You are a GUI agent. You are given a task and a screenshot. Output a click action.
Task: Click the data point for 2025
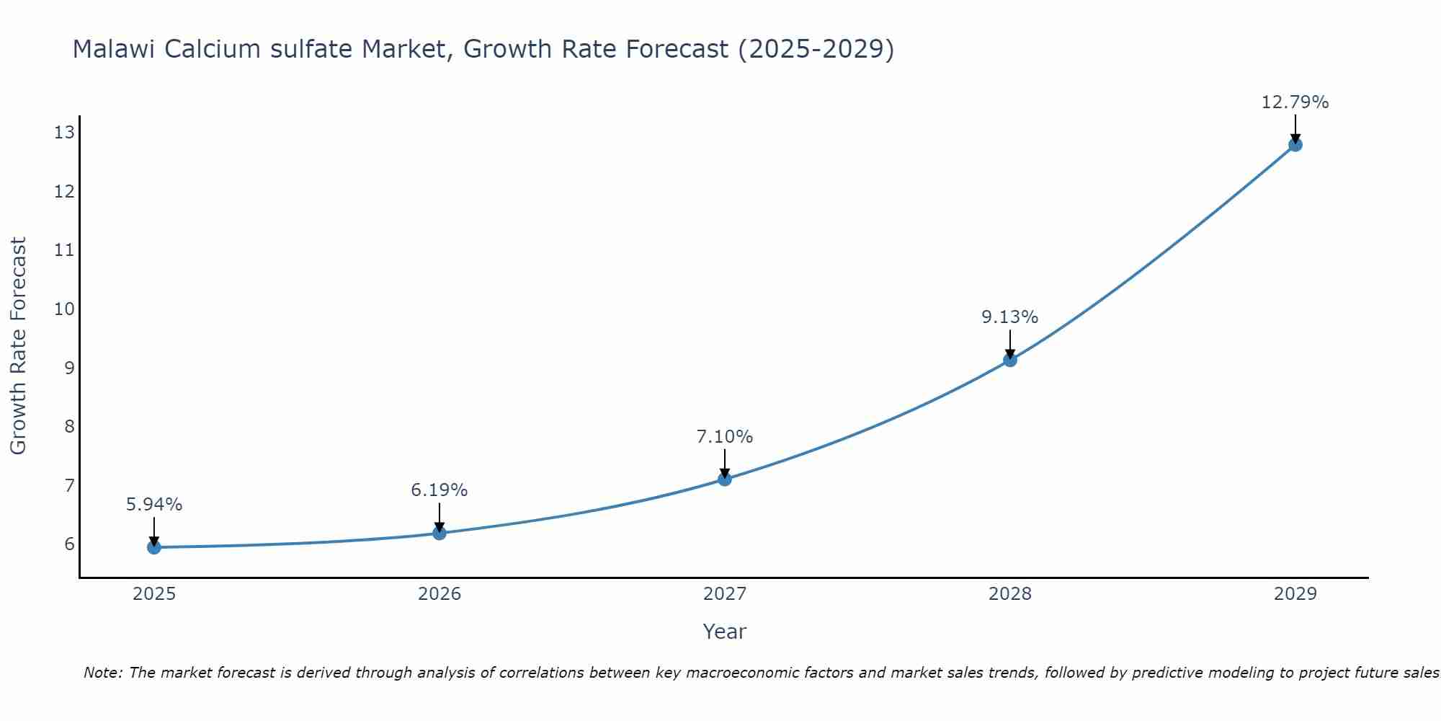[x=154, y=547]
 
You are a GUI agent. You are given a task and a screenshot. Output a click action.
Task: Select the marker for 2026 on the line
[x=440, y=533]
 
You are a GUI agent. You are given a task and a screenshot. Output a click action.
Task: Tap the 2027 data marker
[x=725, y=479]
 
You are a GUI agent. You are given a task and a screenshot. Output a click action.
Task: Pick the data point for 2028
[x=1010, y=359]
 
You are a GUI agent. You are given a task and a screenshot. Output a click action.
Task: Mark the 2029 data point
[x=1295, y=144]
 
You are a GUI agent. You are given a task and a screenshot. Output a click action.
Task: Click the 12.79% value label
[x=1295, y=102]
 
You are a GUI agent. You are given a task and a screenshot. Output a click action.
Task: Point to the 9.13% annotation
[x=1010, y=317]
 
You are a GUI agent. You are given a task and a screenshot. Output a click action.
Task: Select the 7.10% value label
[x=725, y=437]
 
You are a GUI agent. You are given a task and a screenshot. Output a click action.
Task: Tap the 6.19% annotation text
[x=440, y=490]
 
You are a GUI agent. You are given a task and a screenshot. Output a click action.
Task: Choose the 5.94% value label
[x=154, y=505]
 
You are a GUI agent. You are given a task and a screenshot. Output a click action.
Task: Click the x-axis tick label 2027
[x=725, y=594]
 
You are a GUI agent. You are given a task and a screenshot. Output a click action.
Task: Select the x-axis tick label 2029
[x=1295, y=594]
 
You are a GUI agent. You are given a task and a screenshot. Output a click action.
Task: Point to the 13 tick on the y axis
[x=64, y=132]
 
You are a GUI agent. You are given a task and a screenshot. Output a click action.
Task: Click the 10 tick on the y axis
[x=64, y=309]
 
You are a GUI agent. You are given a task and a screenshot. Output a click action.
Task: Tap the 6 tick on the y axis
[x=69, y=544]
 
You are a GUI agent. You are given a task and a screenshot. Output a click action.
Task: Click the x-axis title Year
[x=725, y=632]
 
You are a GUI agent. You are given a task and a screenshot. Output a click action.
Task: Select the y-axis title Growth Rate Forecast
[x=18, y=346]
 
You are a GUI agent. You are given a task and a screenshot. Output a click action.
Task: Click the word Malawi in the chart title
[x=115, y=49]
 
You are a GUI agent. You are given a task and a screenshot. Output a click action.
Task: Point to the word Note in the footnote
[x=103, y=673]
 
